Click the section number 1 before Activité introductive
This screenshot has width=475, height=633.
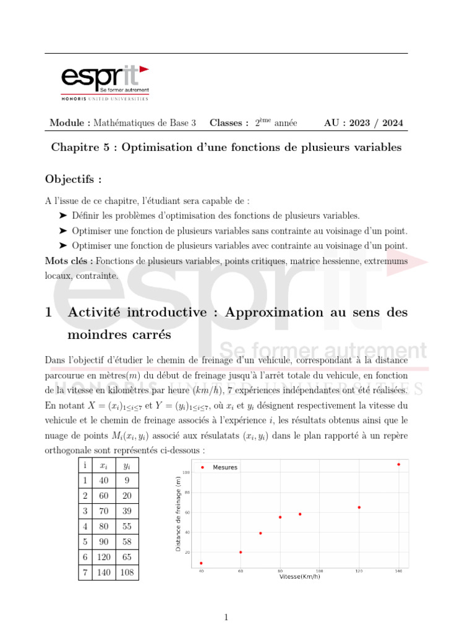click(49, 313)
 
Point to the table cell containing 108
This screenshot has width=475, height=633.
click(127, 572)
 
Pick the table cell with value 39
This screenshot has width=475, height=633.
click(127, 511)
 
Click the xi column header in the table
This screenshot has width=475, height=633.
click(104, 465)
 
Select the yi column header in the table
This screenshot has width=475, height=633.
click(127, 465)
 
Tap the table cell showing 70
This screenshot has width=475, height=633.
click(104, 511)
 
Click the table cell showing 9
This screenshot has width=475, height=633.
click(127, 480)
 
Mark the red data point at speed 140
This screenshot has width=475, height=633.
click(398, 464)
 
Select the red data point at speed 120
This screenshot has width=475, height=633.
click(359, 508)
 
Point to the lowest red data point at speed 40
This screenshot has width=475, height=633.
click(201, 563)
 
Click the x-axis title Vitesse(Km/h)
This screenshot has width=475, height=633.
click(300, 577)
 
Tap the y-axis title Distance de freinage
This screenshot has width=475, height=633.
click(179, 514)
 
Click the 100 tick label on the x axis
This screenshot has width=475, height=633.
click(319, 571)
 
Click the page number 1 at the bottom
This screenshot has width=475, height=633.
click(226, 617)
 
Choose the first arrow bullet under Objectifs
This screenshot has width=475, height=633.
click(62, 216)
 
